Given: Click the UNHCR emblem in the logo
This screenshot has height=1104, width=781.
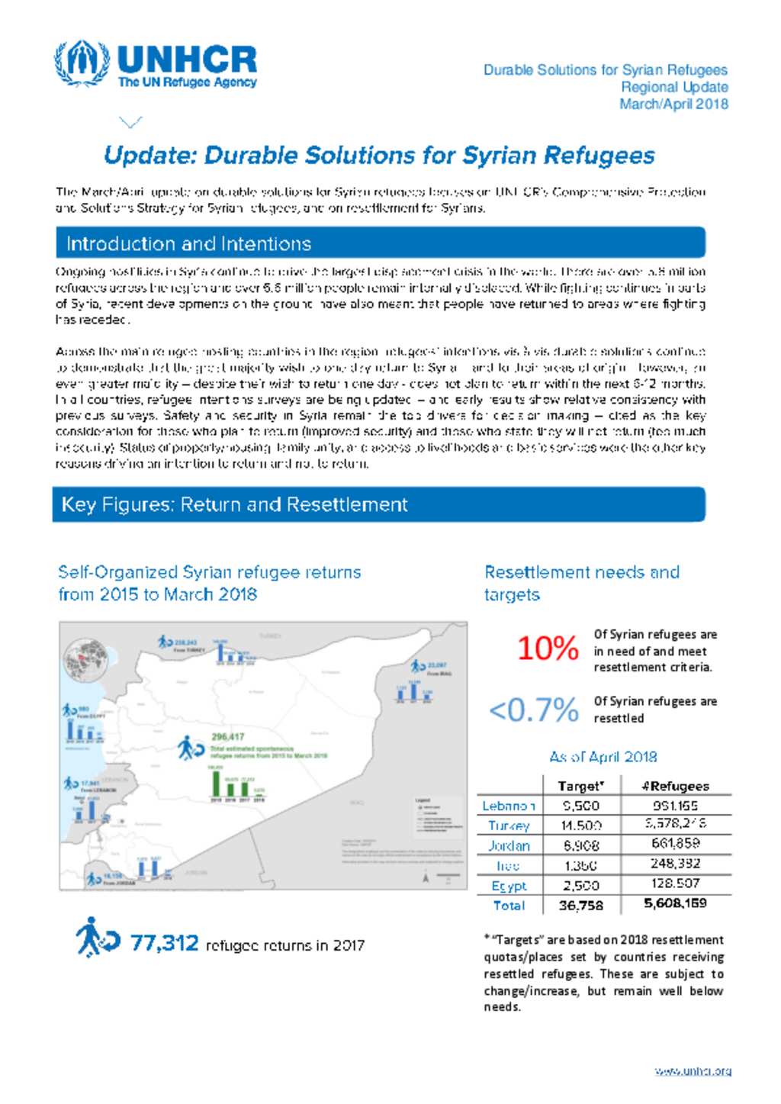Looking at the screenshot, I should coord(81,64).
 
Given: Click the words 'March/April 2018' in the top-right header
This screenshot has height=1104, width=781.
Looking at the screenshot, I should coord(673,105).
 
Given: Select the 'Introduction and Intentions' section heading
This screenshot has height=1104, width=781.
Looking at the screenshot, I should coord(188,243).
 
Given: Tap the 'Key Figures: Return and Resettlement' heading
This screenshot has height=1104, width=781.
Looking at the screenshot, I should coord(234,504).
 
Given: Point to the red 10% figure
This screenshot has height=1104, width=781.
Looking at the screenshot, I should coord(548,649).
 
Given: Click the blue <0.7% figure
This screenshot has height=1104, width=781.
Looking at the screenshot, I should coord(533,710).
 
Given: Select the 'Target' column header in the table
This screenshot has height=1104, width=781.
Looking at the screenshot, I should coord(580,786).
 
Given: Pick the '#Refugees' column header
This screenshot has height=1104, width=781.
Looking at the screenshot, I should coord(675,786).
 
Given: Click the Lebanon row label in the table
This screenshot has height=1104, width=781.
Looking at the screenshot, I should coord(509,806).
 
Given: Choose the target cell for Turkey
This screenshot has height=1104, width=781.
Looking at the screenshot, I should coord(580,826).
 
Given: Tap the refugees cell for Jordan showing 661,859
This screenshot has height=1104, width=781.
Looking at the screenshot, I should coord(675,844).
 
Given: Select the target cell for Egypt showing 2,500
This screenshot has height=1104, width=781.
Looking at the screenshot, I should coord(580,886).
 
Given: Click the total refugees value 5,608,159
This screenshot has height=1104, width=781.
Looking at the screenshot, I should coord(675,903).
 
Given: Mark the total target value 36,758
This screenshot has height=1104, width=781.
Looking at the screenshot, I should coord(580,906).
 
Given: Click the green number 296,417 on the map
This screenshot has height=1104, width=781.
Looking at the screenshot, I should coord(227,737).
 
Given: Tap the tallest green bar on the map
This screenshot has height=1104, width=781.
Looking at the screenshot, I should coord(216,784).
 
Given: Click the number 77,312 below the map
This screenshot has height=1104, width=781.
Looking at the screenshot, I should coord(164,943).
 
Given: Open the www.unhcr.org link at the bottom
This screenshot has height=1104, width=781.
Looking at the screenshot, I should coord(693,1071).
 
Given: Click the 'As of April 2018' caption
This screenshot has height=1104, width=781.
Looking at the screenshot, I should coord(603,757).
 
